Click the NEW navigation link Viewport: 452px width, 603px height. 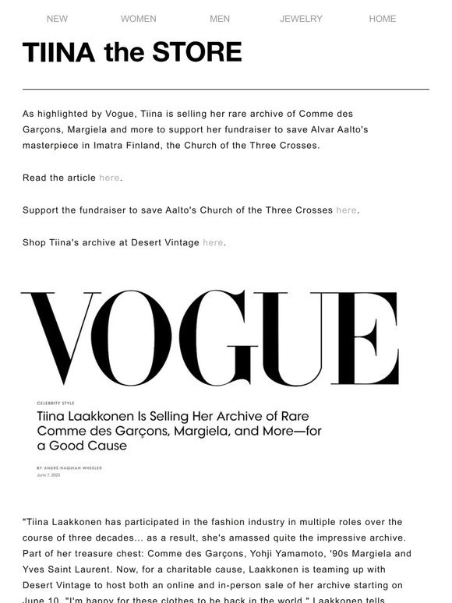click(57, 19)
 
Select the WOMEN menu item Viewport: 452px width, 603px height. click(139, 19)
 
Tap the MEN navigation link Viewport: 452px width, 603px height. click(220, 19)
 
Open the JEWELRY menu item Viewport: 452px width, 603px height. click(301, 19)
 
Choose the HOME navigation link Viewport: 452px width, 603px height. click(383, 19)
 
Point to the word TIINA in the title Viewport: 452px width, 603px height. click(59, 53)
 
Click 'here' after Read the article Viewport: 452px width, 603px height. click(109, 178)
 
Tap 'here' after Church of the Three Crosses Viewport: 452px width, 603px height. click(346, 210)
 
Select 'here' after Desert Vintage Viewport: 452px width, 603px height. click(213, 242)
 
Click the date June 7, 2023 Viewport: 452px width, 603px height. click(48, 474)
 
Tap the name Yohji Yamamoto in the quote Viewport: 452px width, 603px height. click(256, 553)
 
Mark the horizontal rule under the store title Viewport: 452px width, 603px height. click(226, 90)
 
